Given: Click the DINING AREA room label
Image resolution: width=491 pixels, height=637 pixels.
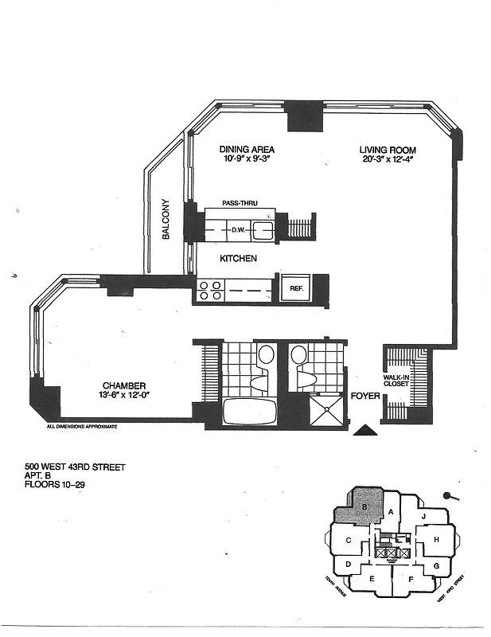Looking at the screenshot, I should (247, 149).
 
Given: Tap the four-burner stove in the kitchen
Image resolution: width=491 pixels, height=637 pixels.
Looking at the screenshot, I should (211, 291).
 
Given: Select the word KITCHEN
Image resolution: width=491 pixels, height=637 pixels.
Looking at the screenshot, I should (239, 259).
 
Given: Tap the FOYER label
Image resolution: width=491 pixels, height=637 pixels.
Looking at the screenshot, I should (364, 395).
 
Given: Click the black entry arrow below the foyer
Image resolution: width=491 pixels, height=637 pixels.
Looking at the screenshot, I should (365, 431).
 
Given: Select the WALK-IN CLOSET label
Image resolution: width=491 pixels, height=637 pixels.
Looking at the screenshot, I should (396, 380).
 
